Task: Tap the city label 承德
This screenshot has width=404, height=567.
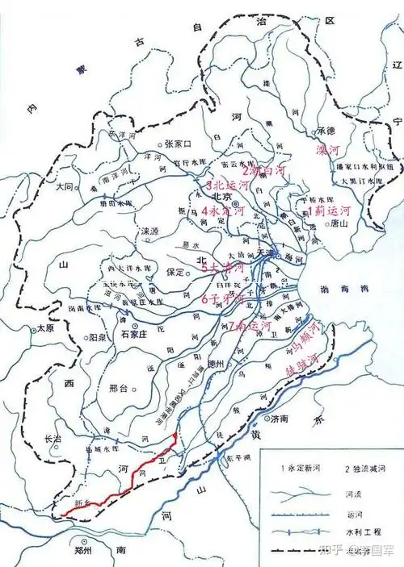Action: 325,131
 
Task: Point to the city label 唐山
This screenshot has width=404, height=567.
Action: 330,225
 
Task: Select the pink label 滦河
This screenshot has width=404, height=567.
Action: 328,150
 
